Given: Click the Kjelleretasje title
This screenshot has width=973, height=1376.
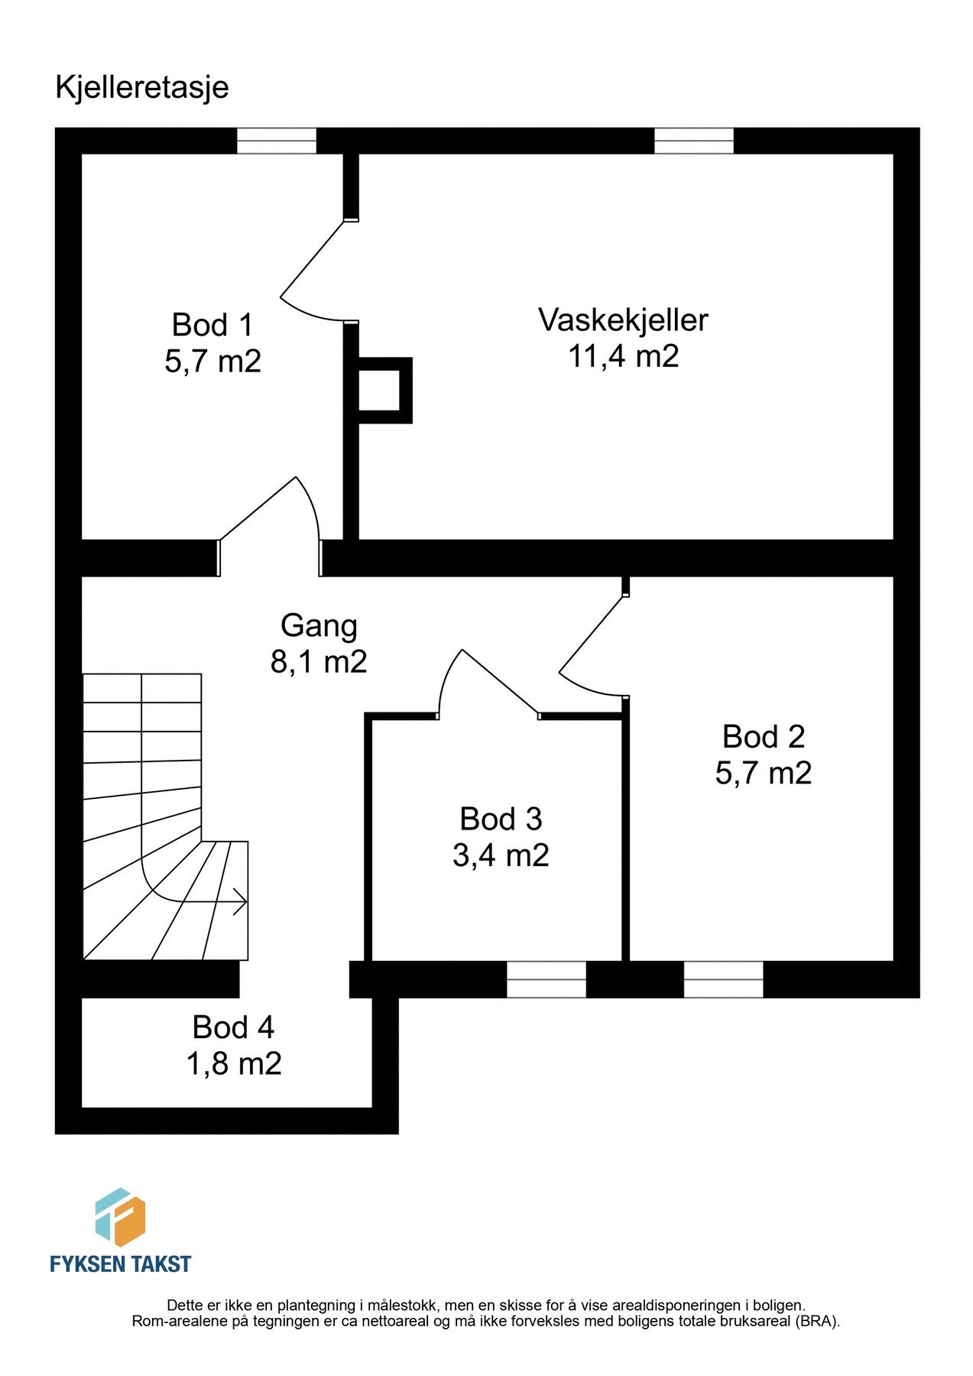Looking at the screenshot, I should click(x=142, y=87).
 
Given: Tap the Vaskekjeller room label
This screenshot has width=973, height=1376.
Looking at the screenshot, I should click(x=623, y=320).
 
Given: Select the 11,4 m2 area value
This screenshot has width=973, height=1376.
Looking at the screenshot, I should click(x=623, y=356).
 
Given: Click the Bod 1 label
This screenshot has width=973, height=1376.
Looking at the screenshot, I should click(x=212, y=325).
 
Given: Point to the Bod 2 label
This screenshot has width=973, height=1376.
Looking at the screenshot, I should click(x=763, y=737).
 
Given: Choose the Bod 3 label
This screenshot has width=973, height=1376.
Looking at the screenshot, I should click(x=501, y=819).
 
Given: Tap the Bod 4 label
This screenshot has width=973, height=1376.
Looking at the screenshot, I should click(x=233, y=1027).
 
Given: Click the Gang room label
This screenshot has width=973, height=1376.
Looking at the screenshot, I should click(x=319, y=625).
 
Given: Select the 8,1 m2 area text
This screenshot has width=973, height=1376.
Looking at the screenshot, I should click(x=319, y=662).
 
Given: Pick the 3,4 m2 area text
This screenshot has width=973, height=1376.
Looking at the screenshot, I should click(x=501, y=855).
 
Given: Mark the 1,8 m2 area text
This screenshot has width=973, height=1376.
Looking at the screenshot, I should click(x=234, y=1064).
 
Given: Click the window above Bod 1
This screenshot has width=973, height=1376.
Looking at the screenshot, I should click(x=276, y=141).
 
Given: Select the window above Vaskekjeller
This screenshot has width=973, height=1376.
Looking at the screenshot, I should click(x=693, y=141).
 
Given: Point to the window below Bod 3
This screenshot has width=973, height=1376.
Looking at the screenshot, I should click(x=546, y=979).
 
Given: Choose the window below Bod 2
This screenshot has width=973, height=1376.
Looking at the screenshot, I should click(x=723, y=979).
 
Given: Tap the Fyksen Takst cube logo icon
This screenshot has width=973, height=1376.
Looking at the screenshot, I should click(x=119, y=1216).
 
